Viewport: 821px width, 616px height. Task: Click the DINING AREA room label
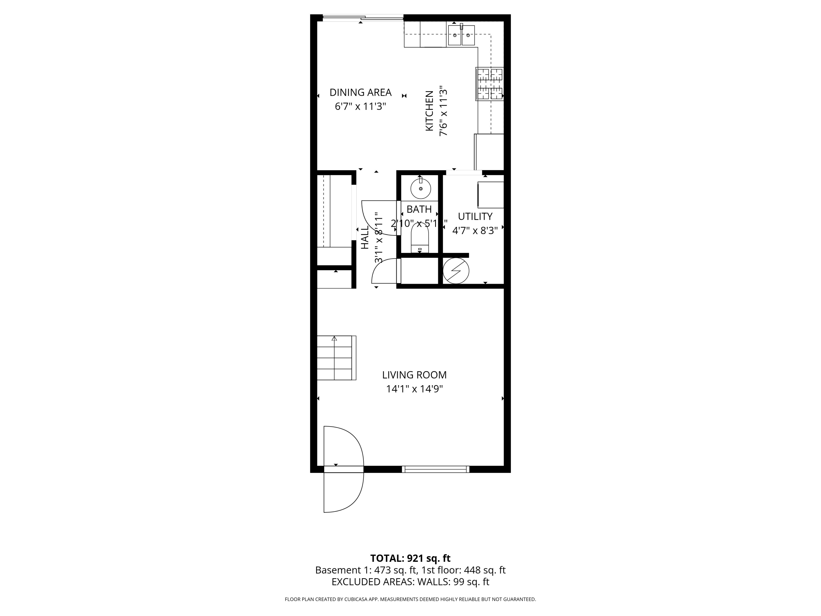(360, 92)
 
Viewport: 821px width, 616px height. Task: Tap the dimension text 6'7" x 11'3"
(360, 106)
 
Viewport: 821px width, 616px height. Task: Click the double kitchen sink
(461, 35)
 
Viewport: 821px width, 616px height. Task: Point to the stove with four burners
(490, 84)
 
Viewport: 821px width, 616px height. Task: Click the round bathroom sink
(421, 189)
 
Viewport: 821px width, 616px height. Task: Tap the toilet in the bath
(420, 238)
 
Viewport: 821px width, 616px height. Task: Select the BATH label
(419, 209)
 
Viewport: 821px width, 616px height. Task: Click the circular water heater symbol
(456, 271)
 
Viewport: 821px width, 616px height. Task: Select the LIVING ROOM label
(414, 375)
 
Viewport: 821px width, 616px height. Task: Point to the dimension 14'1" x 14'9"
(414, 389)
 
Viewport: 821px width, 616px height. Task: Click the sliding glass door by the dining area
(363, 18)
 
